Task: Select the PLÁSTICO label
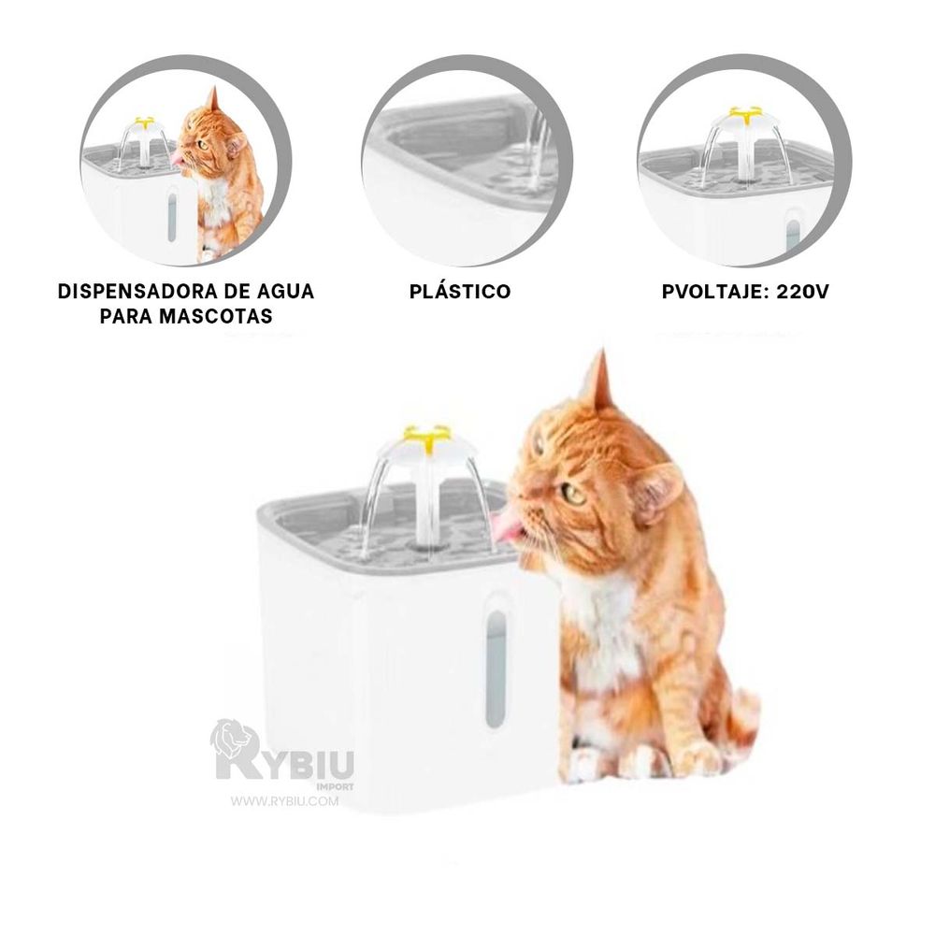click(460, 291)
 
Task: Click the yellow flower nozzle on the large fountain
click(426, 437)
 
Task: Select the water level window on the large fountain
click(496, 669)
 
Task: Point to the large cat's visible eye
click(573, 494)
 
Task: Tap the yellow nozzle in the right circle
click(745, 113)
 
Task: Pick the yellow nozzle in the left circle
click(144, 122)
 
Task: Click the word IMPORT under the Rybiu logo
click(335, 786)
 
